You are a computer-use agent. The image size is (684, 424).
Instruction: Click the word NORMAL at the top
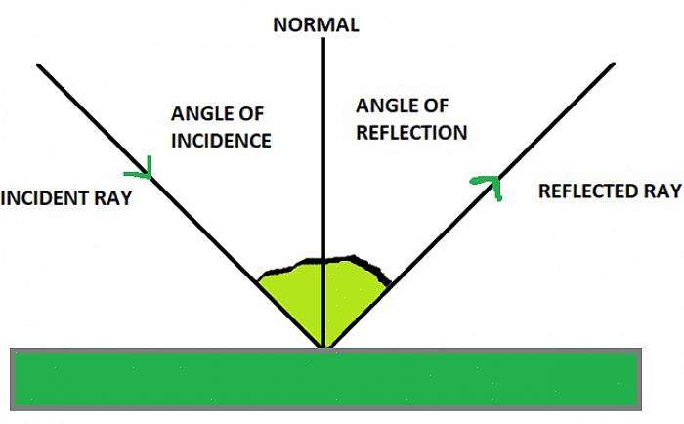[x=316, y=25]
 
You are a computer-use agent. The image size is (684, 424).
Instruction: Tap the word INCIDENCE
[x=221, y=141]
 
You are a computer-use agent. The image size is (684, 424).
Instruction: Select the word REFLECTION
[x=411, y=132]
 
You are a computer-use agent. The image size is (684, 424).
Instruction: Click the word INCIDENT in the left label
[x=48, y=198]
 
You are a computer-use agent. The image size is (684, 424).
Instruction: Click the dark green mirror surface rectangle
[x=326, y=379]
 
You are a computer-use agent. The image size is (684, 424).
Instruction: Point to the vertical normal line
[x=322, y=147]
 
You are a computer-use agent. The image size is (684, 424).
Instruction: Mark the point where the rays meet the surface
[x=323, y=347]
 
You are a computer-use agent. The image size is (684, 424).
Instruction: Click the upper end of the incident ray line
[x=39, y=65]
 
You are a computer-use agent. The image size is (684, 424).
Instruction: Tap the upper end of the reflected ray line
[x=613, y=64]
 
